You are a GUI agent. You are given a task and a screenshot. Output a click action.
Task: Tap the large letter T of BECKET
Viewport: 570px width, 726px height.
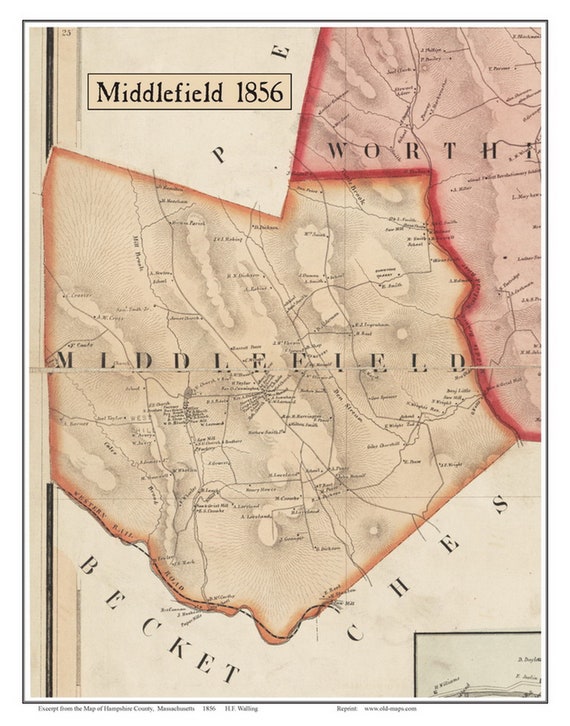coord(231,672)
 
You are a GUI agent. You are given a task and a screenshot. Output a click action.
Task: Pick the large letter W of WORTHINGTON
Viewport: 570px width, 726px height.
coord(343,151)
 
